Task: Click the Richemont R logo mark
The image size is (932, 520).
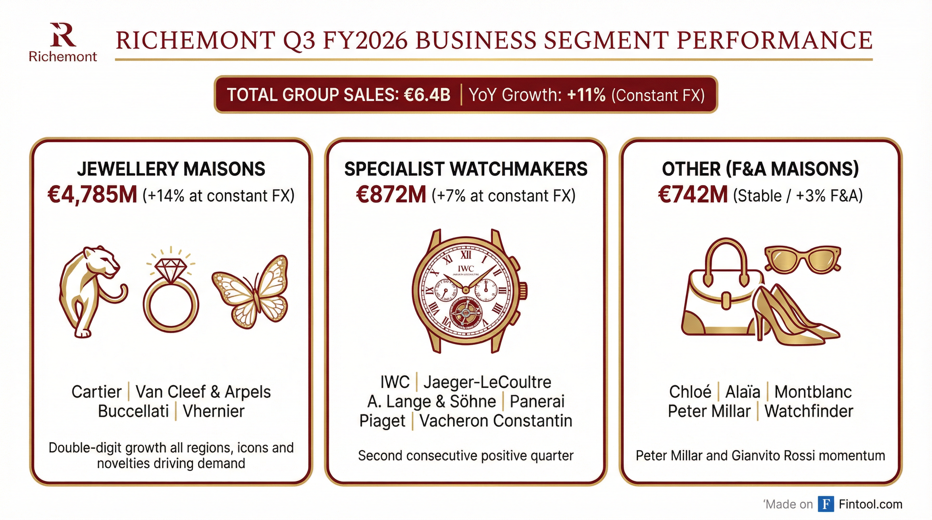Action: tap(62, 36)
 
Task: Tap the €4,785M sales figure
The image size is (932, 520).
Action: tap(92, 195)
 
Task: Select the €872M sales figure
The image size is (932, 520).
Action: tap(391, 195)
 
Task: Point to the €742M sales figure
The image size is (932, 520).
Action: tap(693, 195)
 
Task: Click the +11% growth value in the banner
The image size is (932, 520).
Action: tap(586, 95)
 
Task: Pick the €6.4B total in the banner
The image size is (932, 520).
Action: tap(427, 95)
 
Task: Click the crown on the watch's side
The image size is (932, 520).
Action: tap(523, 290)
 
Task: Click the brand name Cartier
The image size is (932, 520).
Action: tap(96, 392)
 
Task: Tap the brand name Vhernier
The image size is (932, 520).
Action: tap(213, 411)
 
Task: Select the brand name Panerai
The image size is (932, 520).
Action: tap(537, 402)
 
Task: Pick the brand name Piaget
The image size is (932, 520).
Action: tap(382, 421)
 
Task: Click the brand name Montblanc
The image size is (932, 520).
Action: tap(813, 392)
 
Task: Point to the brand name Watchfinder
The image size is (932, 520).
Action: tap(809, 411)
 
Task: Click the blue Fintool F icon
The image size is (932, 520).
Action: tap(826, 504)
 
